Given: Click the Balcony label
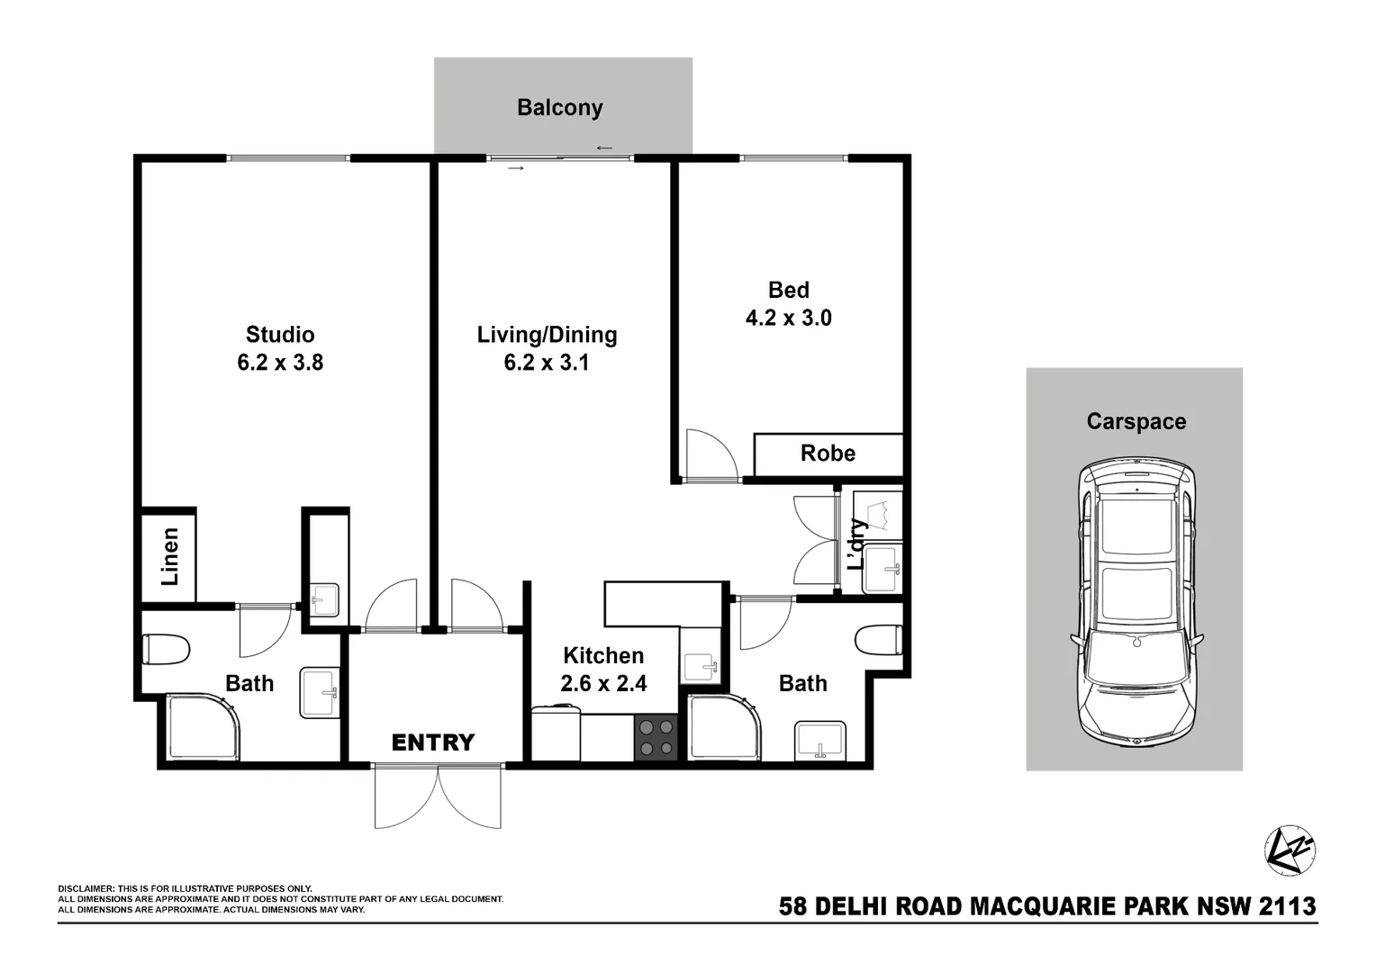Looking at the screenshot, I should point(559,108).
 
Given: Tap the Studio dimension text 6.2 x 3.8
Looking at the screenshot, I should point(280,363).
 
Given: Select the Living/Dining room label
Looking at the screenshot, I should point(547,335).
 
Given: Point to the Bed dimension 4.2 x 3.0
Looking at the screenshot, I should point(788,318).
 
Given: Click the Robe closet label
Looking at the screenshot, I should point(828,454).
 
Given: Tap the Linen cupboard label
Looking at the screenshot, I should point(169,557).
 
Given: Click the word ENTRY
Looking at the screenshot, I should point(432,742).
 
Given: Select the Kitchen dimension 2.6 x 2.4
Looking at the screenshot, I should point(603,684).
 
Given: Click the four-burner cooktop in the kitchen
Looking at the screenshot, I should point(656,737).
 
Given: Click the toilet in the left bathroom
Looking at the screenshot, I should point(166,649).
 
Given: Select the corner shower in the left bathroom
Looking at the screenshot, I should point(204,727).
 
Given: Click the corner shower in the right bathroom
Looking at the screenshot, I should point(723,727).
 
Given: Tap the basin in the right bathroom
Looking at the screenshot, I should point(820,742).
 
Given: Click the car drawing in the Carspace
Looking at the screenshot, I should point(1136,603).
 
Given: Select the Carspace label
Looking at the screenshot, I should point(1136,421).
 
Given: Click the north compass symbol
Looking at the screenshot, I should point(1290,850).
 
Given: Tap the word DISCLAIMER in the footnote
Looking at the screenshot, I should point(86,889).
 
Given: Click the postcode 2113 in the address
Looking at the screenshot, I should point(1288,906).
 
